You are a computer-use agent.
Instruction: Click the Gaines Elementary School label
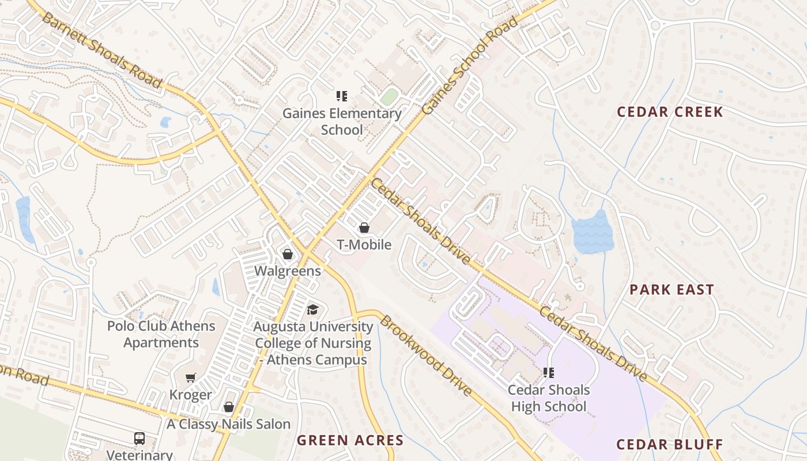pyautogui.click(x=342, y=122)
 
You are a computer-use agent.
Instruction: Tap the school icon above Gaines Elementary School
pyautogui.click(x=342, y=96)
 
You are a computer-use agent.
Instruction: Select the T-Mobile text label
pyautogui.click(x=364, y=245)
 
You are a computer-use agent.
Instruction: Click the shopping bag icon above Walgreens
pyautogui.click(x=288, y=254)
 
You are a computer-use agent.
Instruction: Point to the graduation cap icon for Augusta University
pyautogui.click(x=312, y=309)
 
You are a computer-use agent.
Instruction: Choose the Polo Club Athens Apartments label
pyautogui.click(x=161, y=334)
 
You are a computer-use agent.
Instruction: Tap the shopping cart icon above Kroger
pyautogui.click(x=191, y=378)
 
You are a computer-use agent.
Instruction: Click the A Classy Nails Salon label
pyautogui.click(x=229, y=424)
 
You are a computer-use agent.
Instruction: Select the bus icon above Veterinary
pyautogui.click(x=139, y=438)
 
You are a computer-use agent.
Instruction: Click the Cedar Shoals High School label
pyautogui.click(x=549, y=398)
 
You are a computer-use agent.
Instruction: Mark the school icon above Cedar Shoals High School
pyautogui.click(x=549, y=373)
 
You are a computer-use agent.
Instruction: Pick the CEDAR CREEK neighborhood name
pyautogui.click(x=670, y=112)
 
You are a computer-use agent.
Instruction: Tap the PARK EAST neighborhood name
pyautogui.click(x=672, y=289)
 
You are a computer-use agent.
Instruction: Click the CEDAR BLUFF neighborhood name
pyautogui.click(x=669, y=444)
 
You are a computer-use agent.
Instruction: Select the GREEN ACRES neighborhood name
pyautogui.click(x=350, y=441)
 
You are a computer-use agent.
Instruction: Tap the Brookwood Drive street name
pyautogui.click(x=426, y=356)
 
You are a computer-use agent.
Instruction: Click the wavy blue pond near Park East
pyautogui.click(x=592, y=232)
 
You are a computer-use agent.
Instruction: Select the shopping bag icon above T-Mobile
pyautogui.click(x=364, y=228)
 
